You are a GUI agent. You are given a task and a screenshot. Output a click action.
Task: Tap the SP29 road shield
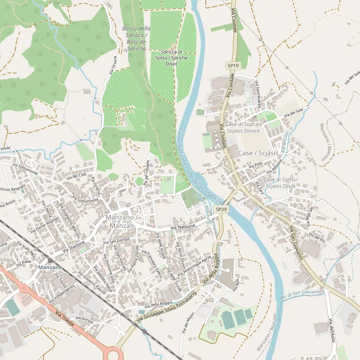click(221, 209)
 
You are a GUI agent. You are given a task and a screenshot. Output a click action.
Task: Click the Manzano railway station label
click(50, 267)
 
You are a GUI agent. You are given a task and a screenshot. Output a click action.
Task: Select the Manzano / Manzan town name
click(120, 222)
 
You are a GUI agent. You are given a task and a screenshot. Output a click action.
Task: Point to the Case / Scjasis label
click(258, 153)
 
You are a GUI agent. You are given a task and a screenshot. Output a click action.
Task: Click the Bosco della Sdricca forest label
click(136, 38)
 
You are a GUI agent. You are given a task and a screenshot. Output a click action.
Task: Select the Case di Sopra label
click(242, 127)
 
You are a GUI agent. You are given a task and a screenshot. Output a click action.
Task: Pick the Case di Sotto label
click(279, 183)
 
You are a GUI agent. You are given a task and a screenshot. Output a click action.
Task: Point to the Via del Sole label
click(293, 112)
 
